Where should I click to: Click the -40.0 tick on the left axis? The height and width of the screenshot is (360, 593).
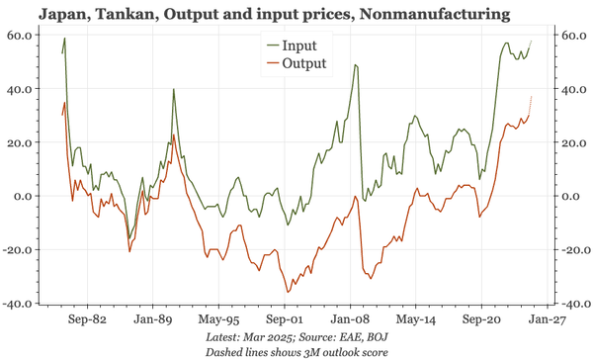click(21, 304)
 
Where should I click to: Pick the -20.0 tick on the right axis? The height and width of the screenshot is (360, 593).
click(572, 250)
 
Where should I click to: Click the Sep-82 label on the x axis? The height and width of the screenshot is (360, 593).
click(85, 320)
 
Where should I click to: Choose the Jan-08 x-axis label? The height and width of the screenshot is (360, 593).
click(350, 320)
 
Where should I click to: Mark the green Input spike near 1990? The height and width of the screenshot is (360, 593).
click(174, 89)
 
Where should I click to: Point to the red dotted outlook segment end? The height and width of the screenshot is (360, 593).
click(531, 97)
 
